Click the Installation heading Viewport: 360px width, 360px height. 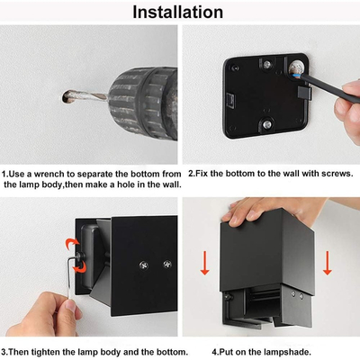178,12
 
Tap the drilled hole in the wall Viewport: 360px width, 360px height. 67,97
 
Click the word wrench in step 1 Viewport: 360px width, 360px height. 49,174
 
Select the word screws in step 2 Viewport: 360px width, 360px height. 336,174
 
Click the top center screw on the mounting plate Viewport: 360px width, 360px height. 266,65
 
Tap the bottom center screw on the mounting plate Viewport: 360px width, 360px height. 266,123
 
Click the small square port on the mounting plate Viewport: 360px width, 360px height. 231,99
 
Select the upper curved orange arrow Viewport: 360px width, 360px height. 73,244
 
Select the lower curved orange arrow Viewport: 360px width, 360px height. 79,267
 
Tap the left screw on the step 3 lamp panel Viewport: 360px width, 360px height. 143,265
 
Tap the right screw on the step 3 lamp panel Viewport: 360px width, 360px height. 167,264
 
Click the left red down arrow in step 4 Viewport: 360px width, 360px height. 205,263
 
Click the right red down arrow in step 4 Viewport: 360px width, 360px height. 328,263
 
